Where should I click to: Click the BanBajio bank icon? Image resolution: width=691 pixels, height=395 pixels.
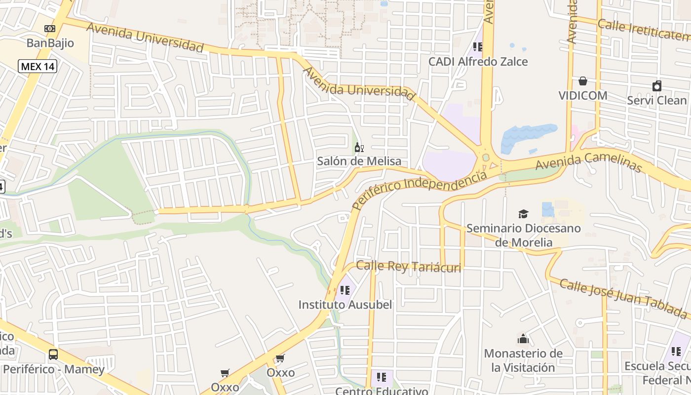point(50,29)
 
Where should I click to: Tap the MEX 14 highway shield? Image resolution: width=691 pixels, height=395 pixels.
point(38,66)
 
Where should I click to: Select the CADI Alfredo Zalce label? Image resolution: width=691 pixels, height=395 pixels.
point(478,62)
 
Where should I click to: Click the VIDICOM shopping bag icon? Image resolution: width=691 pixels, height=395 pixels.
point(583,81)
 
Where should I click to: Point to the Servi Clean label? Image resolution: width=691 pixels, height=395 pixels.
point(656,100)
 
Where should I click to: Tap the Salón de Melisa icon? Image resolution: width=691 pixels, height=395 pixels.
point(359,147)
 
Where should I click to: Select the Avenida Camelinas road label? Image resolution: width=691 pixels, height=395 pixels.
point(588,163)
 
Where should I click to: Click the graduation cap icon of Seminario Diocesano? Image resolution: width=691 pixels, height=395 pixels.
point(523,214)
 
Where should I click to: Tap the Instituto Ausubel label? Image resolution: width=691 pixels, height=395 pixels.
point(345,305)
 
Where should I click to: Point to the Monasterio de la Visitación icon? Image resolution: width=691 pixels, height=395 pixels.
point(523,339)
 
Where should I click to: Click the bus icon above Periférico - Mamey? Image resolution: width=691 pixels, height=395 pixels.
point(53,354)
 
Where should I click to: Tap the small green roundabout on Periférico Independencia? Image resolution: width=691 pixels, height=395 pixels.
point(486,158)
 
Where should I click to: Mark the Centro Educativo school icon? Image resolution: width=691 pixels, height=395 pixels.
point(382,377)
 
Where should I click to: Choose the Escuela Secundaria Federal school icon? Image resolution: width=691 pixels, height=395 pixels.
point(676,352)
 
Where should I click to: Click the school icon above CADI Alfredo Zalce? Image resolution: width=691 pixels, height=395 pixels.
point(477,47)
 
